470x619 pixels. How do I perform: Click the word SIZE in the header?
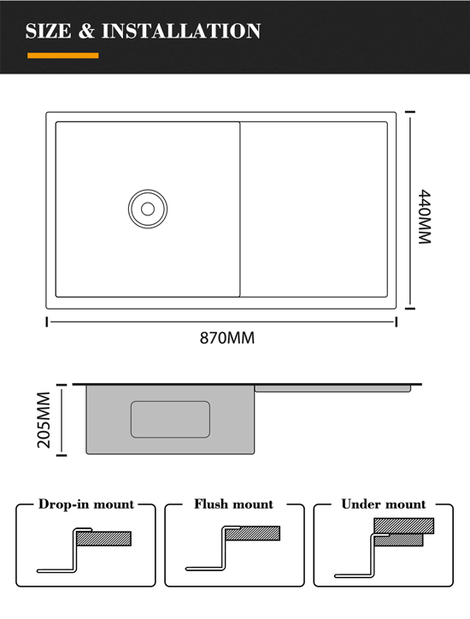tap(49, 31)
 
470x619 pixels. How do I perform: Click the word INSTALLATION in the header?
tap(181, 31)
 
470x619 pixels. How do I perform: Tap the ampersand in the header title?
tap(86, 31)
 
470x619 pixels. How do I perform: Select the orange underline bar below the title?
tap(63, 56)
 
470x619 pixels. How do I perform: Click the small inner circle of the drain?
tap(148, 209)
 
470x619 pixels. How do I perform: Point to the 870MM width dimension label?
tap(227, 339)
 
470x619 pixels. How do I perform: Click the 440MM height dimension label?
tap(425, 216)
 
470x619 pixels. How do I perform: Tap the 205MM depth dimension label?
tap(44, 420)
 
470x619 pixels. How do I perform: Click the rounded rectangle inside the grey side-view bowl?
tap(170, 419)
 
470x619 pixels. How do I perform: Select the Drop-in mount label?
tap(86, 504)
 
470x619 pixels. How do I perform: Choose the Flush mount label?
tap(233, 504)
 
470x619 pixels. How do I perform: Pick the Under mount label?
tap(384, 504)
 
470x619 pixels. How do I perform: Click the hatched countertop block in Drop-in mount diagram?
tap(103, 539)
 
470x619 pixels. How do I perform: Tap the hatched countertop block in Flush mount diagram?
tap(253, 534)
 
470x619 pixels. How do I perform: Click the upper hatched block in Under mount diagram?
tap(403, 526)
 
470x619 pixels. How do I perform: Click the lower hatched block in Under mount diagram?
tap(398, 540)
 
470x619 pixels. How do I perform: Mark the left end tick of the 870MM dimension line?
tap(47, 321)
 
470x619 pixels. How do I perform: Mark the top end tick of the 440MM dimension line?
tap(410, 112)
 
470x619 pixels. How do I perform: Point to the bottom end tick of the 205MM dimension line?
tap(62, 455)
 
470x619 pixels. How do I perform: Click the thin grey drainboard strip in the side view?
tap(332, 389)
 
